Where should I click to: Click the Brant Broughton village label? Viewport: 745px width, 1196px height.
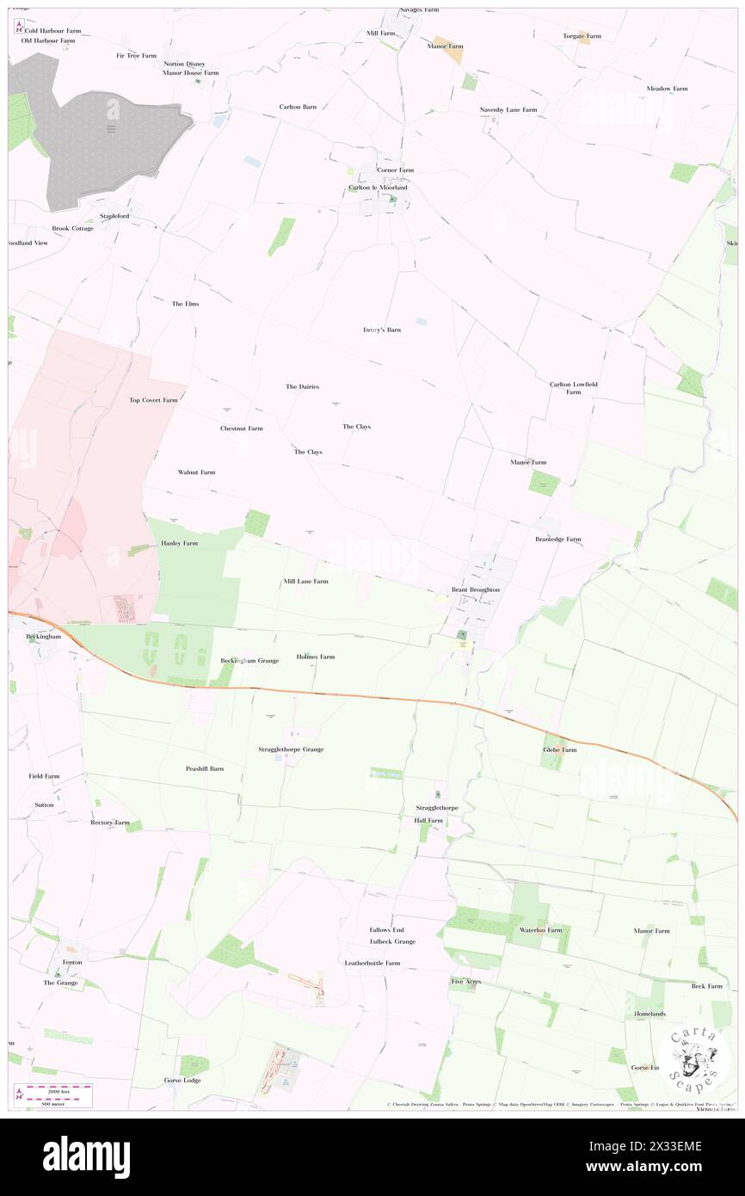(x=476, y=589)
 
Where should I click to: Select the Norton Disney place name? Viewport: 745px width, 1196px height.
(x=185, y=64)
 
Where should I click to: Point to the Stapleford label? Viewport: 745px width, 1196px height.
(x=114, y=216)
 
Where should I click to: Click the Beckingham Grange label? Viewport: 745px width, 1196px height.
(x=249, y=660)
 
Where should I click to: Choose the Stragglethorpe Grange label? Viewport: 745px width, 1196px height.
(x=291, y=749)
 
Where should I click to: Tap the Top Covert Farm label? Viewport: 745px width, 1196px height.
(x=153, y=400)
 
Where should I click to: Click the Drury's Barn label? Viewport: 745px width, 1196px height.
(x=382, y=330)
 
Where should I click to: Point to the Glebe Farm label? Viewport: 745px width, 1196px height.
(x=559, y=749)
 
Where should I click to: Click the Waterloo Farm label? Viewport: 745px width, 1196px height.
(x=540, y=930)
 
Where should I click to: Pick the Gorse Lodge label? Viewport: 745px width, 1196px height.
(x=182, y=1080)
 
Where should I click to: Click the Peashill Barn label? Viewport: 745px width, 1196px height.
(x=205, y=768)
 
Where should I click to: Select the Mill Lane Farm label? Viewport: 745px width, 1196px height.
(x=305, y=582)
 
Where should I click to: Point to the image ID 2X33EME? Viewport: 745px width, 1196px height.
(x=674, y=1146)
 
